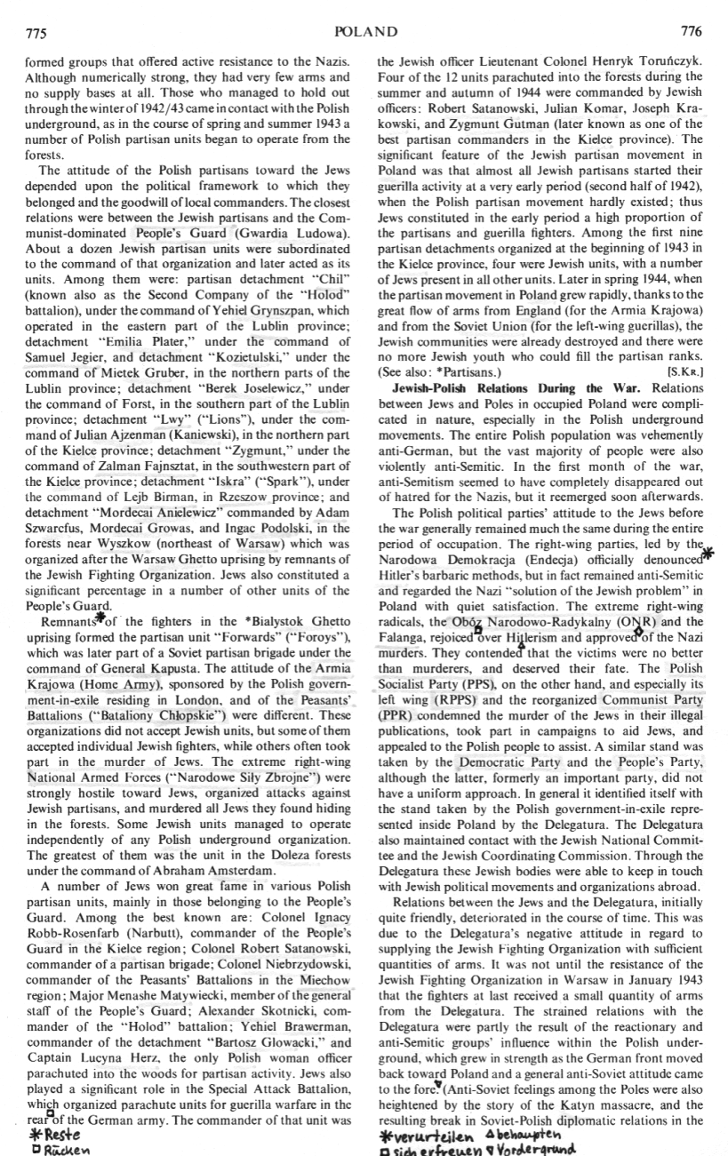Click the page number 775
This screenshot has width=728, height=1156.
pyautogui.click(x=36, y=33)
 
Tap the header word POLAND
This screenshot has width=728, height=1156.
pyautogui.click(x=365, y=32)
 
